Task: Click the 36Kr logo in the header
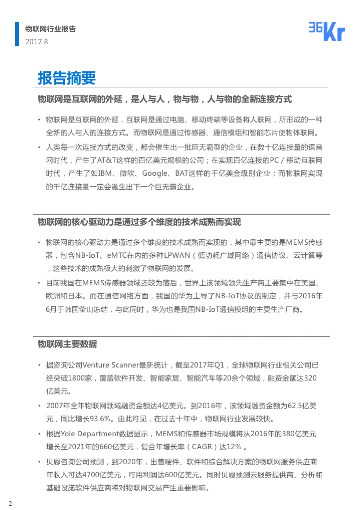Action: tap(327, 32)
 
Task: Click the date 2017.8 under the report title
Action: tap(36, 42)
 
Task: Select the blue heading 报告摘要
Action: tap(67, 78)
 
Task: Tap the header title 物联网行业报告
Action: tap(50, 29)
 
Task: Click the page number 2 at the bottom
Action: tap(10, 503)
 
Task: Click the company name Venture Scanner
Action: tap(110, 365)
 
